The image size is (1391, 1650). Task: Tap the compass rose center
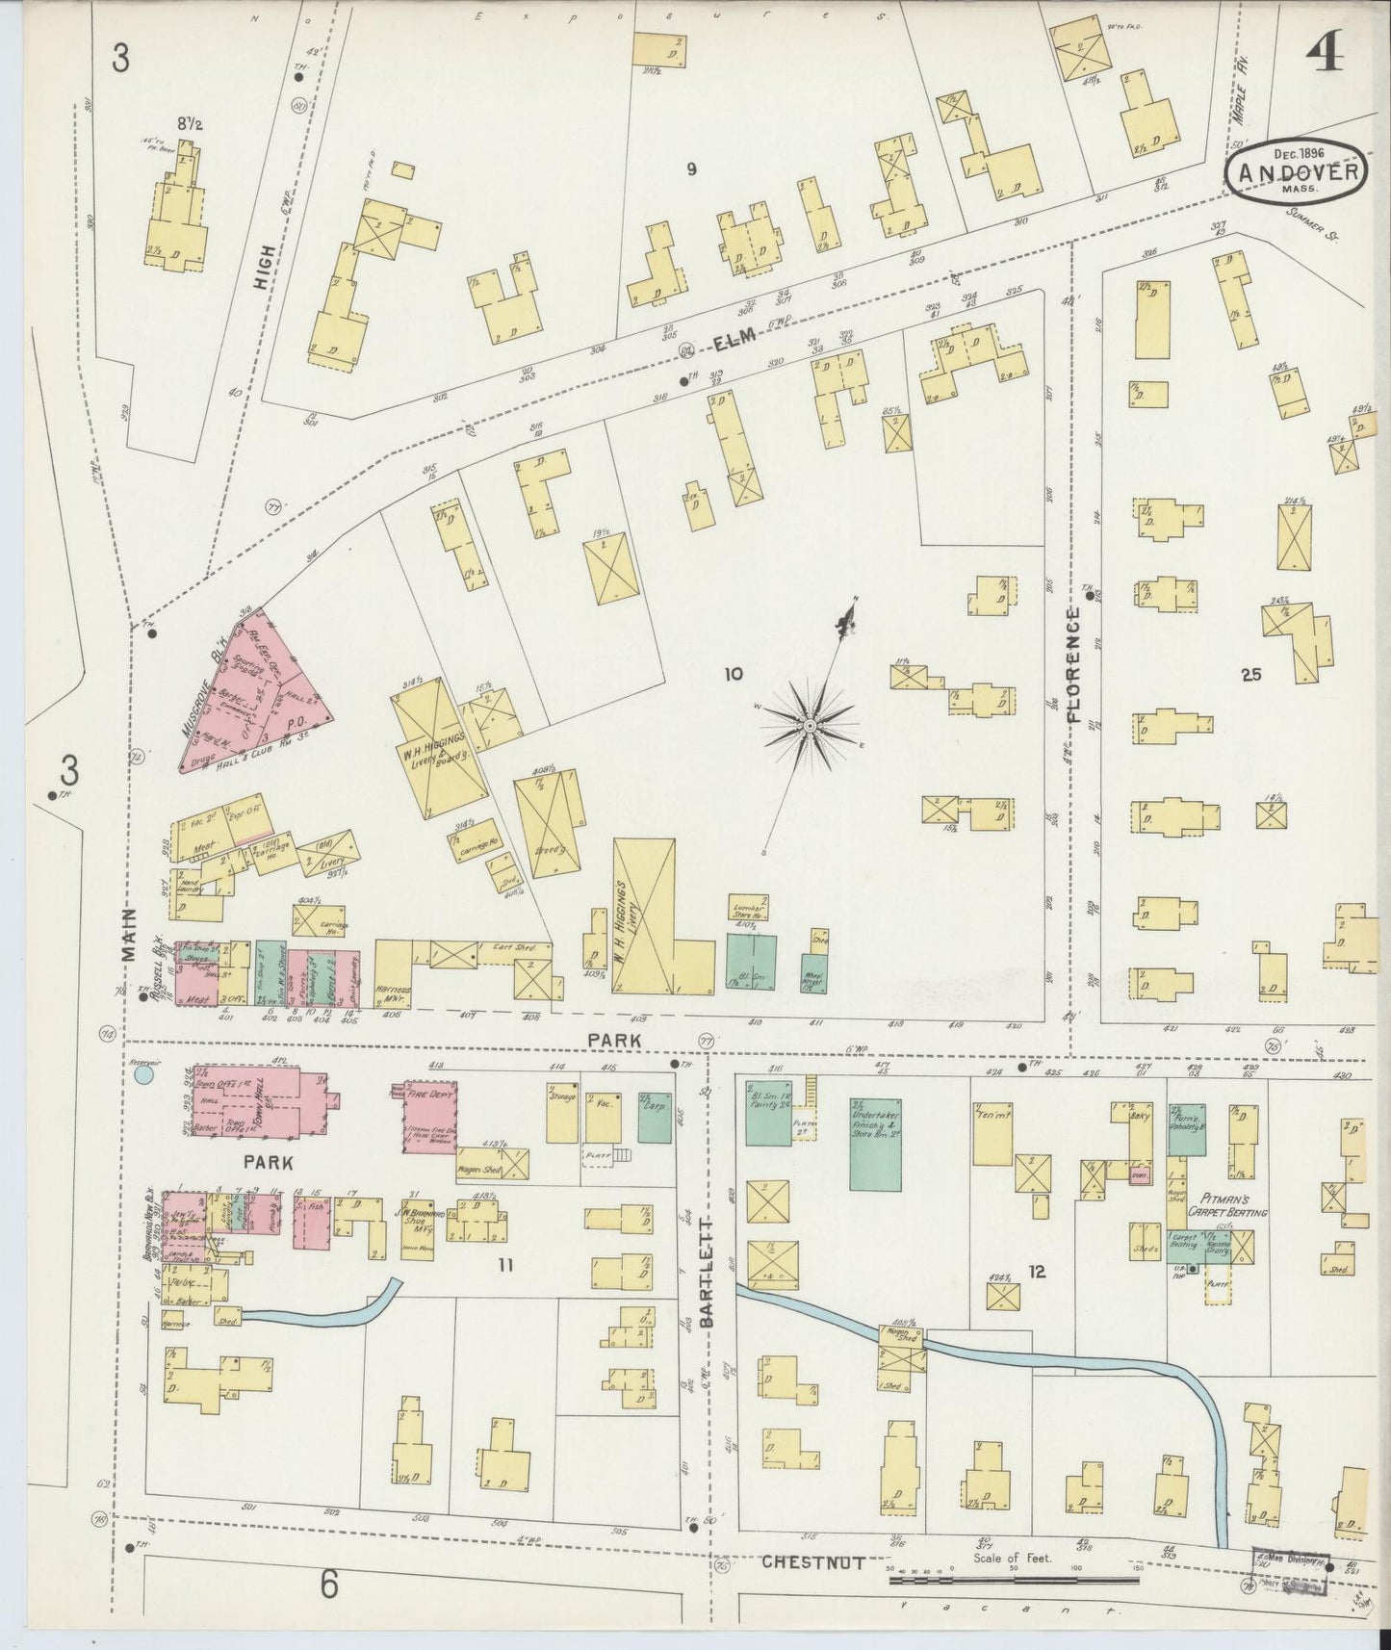[811, 724]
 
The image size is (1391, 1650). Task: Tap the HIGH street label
[267, 266]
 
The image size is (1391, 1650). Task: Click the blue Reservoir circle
[145, 1071]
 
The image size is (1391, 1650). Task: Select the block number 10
[734, 675]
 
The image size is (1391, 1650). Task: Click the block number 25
[1250, 675]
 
